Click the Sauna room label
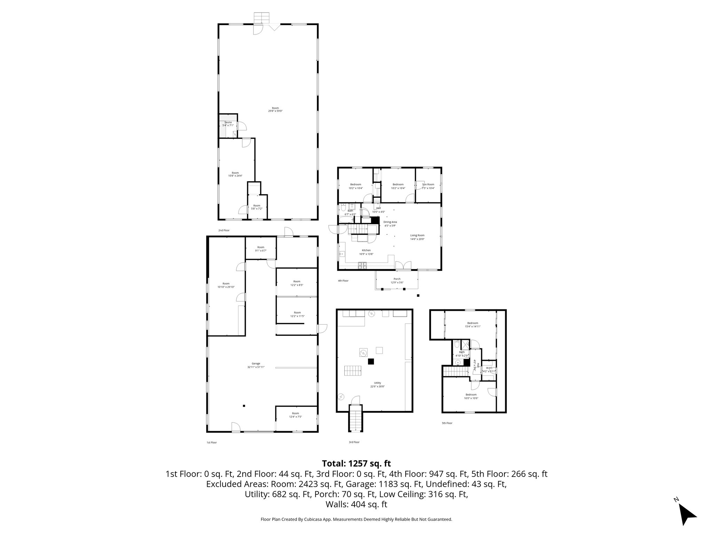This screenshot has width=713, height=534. (228, 122)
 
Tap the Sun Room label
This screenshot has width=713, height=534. (428, 184)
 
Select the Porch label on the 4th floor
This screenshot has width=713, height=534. (397, 279)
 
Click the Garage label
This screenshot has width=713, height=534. (256, 364)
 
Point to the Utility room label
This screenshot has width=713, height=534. (378, 383)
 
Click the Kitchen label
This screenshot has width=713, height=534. (366, 250)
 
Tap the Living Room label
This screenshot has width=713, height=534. (417, 235)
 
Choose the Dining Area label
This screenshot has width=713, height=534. (390, 222)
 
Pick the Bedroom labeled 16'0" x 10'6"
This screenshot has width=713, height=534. (471, 395)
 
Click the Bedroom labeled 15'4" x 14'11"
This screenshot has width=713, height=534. (472, 323)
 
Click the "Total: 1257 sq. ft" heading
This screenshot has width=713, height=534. (356, 463)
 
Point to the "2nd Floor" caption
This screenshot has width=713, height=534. (224, 230)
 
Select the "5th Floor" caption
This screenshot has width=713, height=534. (447, 423)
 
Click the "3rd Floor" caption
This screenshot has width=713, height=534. (354, 442)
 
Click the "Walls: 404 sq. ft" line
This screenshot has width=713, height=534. (356, 504)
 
